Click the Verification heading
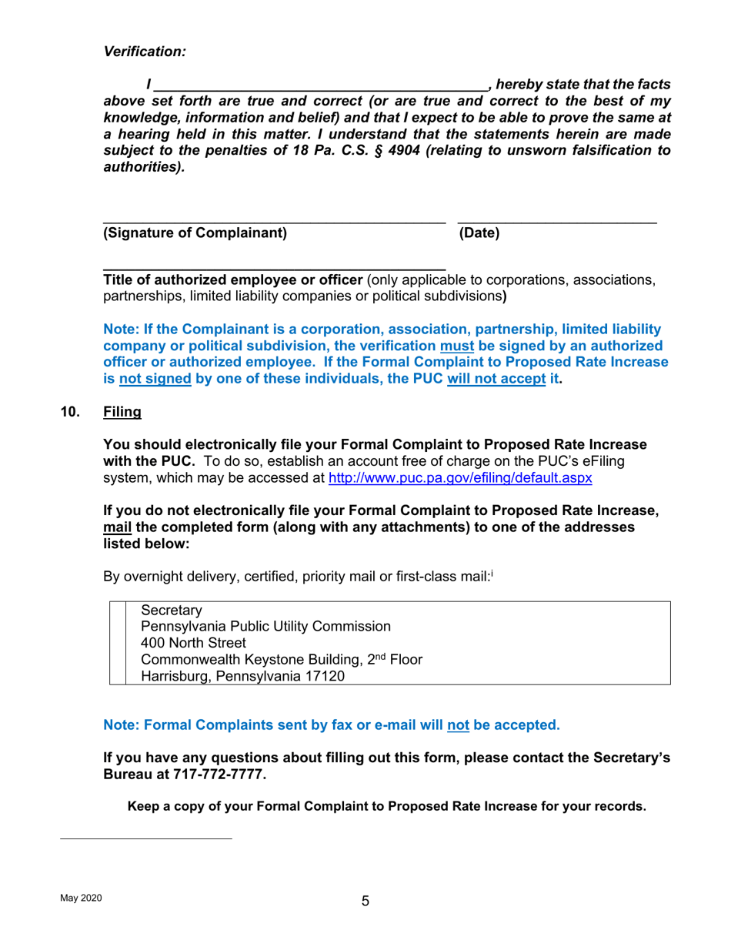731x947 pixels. [x=145, y=52]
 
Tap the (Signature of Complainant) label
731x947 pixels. [x=194, y=233]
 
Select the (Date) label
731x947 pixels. [x=479, y=233]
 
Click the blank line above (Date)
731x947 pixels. [x=557, y=223]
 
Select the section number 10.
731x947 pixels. [x=70, y=412]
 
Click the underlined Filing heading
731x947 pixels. [x=122, y=412]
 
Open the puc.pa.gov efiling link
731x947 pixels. [x=459, y=478]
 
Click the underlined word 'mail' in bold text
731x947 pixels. [x=117, y=527]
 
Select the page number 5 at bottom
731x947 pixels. [x=365, y=902]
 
